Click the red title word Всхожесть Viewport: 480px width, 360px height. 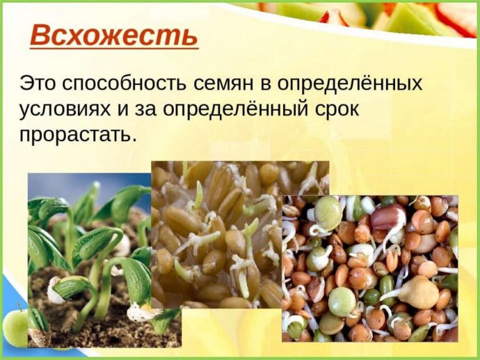[113, 36]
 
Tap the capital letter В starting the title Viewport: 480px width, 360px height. [40, 36]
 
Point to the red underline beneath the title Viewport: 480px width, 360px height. [114, 48]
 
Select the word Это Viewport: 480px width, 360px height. [38, 83]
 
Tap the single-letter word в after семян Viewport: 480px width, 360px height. [266, 84]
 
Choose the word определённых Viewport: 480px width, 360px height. [350, 83]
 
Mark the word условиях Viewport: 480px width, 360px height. [65, 110]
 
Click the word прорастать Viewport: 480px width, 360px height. [77, 135]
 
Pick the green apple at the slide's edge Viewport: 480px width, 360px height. [15, 324]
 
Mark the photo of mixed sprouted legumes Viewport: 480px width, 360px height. [370, 268]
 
